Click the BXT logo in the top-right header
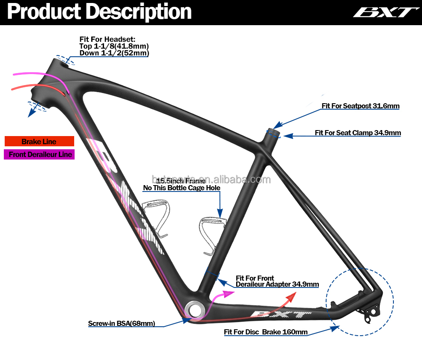[384, 12]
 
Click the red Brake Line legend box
[39, 142]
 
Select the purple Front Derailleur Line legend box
[39, 154]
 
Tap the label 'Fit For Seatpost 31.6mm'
[361, 106]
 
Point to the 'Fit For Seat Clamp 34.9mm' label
[358, 133]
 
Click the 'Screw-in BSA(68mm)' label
[121, 323]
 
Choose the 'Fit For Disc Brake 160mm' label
[266, 332]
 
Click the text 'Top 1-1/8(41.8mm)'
[114, 46]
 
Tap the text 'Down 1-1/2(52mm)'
[114, 53]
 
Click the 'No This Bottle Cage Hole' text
[182, 188]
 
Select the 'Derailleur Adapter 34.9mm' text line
[277, 284]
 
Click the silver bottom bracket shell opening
[194, 308]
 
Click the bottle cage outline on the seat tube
[209, 232]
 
